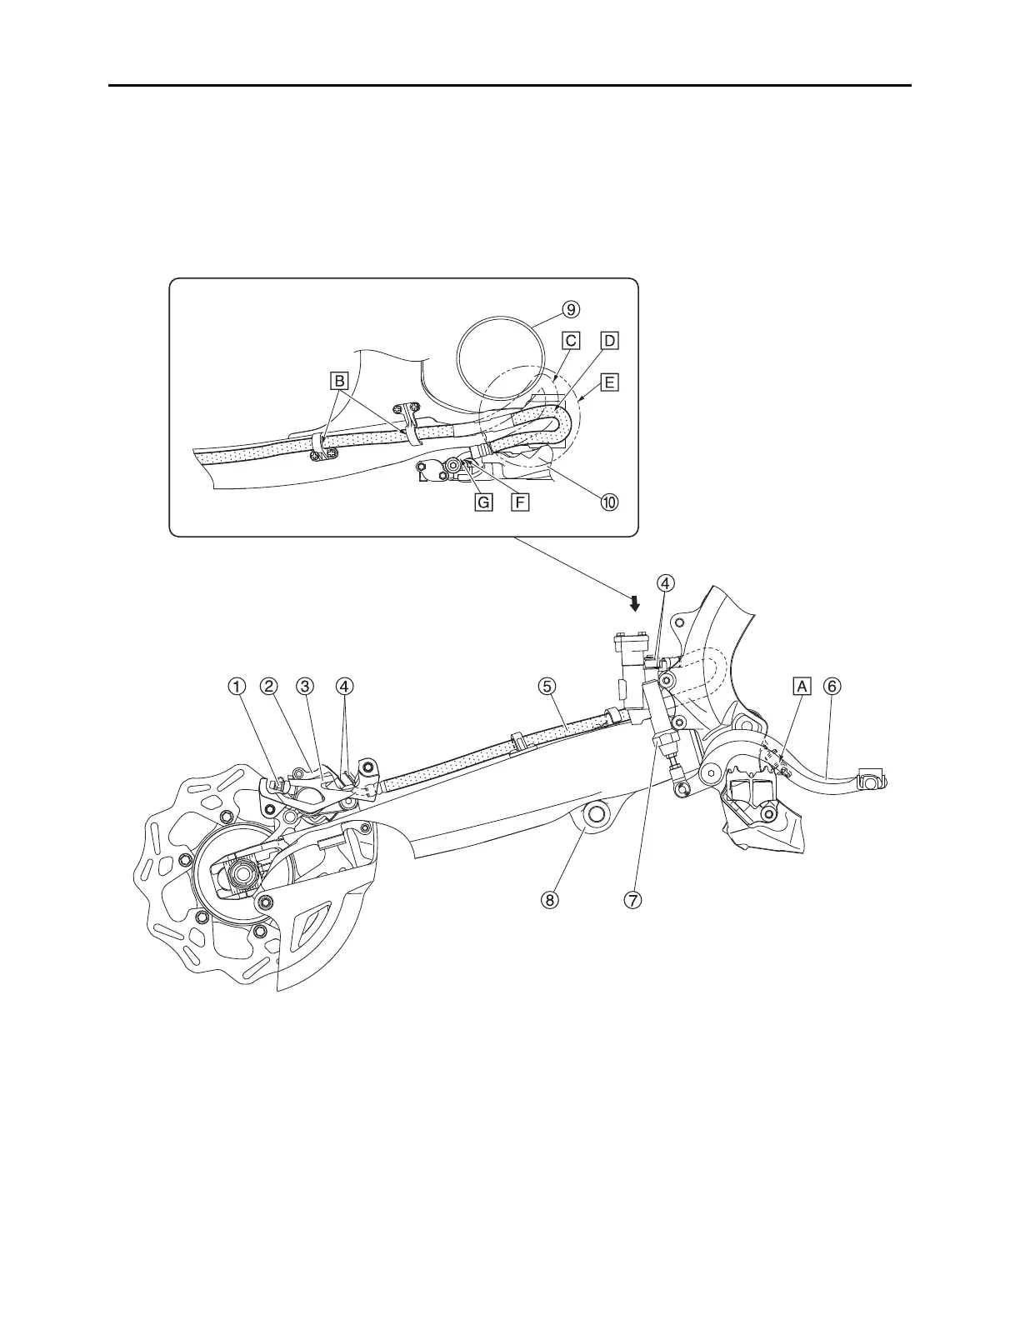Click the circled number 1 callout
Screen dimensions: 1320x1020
point(238,686)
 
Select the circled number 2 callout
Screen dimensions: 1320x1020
point(268,686)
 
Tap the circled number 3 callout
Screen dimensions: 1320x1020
point(306,686)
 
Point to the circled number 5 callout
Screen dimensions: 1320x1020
point(546,686)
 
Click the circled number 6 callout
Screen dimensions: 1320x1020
point(832,686)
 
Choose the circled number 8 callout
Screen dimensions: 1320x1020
point(548,900)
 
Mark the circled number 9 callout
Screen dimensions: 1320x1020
point(570,309)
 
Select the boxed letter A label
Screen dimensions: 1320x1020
point(802,686)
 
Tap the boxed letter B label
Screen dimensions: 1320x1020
point(339,382)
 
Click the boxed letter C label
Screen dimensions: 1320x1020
point(571,340)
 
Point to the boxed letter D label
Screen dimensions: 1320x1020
point(610,340)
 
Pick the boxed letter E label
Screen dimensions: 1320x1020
point(610,382)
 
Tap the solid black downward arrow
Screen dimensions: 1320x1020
point(635,602)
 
